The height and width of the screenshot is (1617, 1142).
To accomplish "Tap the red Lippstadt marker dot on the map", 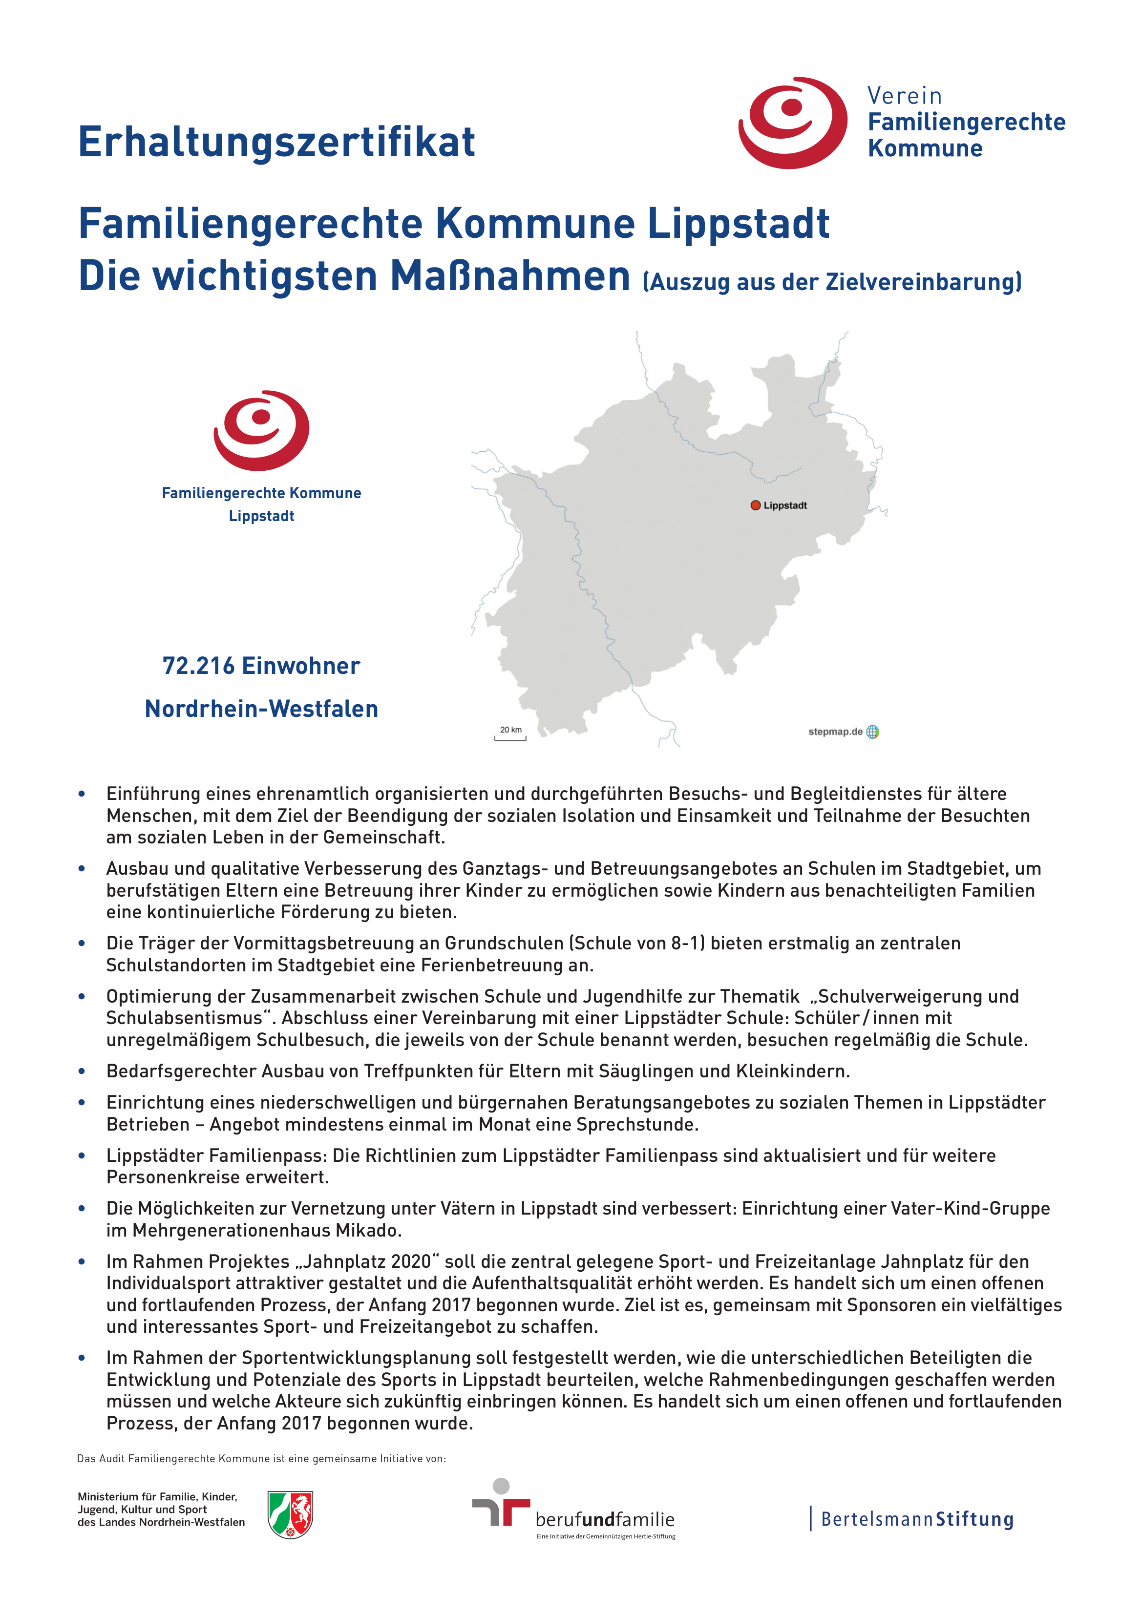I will [755, 505].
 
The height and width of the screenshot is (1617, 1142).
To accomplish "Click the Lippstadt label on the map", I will [785, 505].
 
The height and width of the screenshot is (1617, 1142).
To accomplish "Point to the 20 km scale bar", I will [510, 736].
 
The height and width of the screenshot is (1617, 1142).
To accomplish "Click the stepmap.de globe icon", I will [872, 732].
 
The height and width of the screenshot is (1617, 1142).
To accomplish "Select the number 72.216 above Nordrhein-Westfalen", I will [199, 666].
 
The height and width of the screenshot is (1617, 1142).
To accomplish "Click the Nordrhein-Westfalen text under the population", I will [261, 709].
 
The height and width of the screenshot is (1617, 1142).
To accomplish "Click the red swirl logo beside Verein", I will [793, 123].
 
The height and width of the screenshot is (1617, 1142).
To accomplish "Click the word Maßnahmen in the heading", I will [510, 276].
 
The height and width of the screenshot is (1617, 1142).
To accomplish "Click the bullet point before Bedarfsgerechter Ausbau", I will [82, 1071].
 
